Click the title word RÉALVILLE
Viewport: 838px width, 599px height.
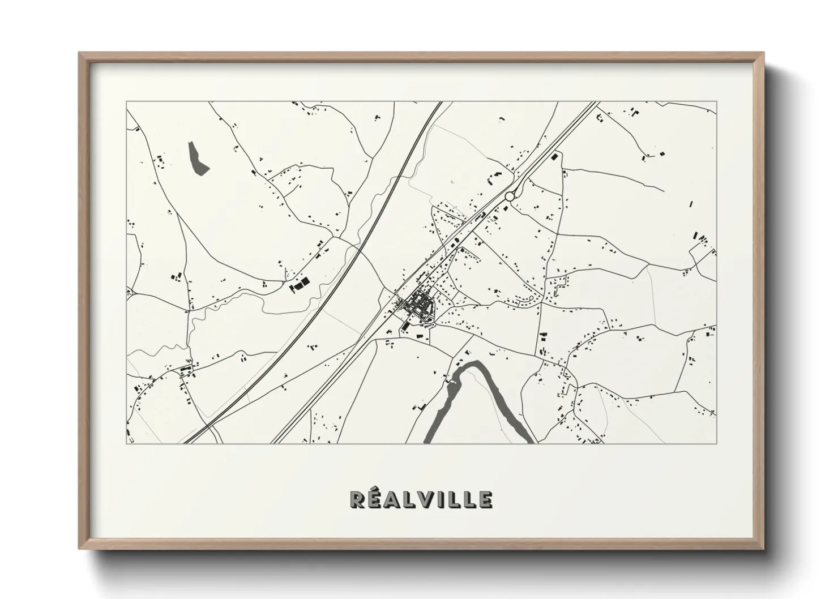pyautogui.click(x=421, y=499)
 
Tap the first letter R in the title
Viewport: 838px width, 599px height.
pyautogui.click(x=357, y=499)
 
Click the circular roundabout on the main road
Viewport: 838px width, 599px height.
pyautogui.click(x=509, y=196)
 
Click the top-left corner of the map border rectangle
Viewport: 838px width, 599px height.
pyautogui.click(x=127, y=102)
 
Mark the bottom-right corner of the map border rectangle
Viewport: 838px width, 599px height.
pyautogui.click(x=716, y=443)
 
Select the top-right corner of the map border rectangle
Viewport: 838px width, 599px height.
pyautogui.click(x=716, y=102)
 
